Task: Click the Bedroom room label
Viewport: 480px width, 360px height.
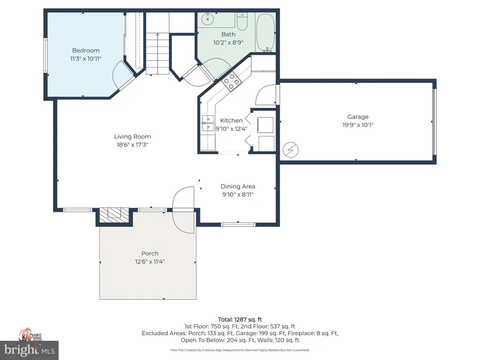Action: pyautogui.click(x=85, y=51)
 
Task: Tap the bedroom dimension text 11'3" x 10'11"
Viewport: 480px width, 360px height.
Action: pyautogui.click(x=85, y=59)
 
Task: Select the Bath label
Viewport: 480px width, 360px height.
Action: pyautogui.click(x=228, y=34)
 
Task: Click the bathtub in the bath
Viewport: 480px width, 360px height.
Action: pyautogui.click(x=266, y=32)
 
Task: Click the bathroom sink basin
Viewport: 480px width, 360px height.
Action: pyautogui.click(x=207, y=20)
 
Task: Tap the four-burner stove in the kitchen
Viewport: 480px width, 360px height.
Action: pyautogui.click(x=231, y=82)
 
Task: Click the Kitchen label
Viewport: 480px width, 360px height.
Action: pyautogui.click(x=232, y=120)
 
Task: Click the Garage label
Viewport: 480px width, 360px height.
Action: pyautogui.click(x=358, y=117)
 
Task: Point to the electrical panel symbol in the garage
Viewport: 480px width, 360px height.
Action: pyautogui.click(x=291, y=150)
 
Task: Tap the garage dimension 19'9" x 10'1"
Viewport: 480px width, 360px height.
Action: pyautogui.click(x=358, y=125)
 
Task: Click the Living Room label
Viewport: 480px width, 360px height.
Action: pyautogui.click(x=133, y=137)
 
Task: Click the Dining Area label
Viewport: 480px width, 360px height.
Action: pyautogui.click(x=238, y=187)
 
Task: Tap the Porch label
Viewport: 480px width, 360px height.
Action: pyautogui.click(x=150, y=254)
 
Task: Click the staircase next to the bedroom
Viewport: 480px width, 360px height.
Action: pyautogui.click(x=157, y=54)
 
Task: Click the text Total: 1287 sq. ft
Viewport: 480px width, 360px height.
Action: pyautogui.click(x=240, y=319)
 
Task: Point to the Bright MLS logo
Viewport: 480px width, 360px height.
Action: pyautogui.click(x=29, y=350)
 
